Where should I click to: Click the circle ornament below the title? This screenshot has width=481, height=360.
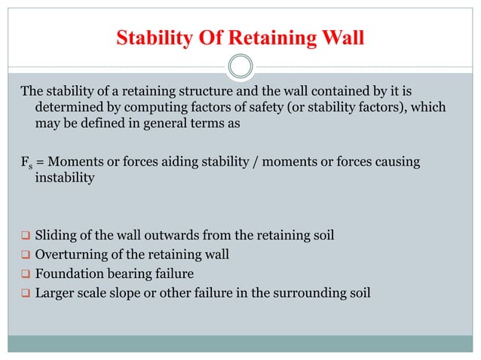[x=240, y=66]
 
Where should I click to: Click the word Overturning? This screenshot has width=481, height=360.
[x=72, y=255]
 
